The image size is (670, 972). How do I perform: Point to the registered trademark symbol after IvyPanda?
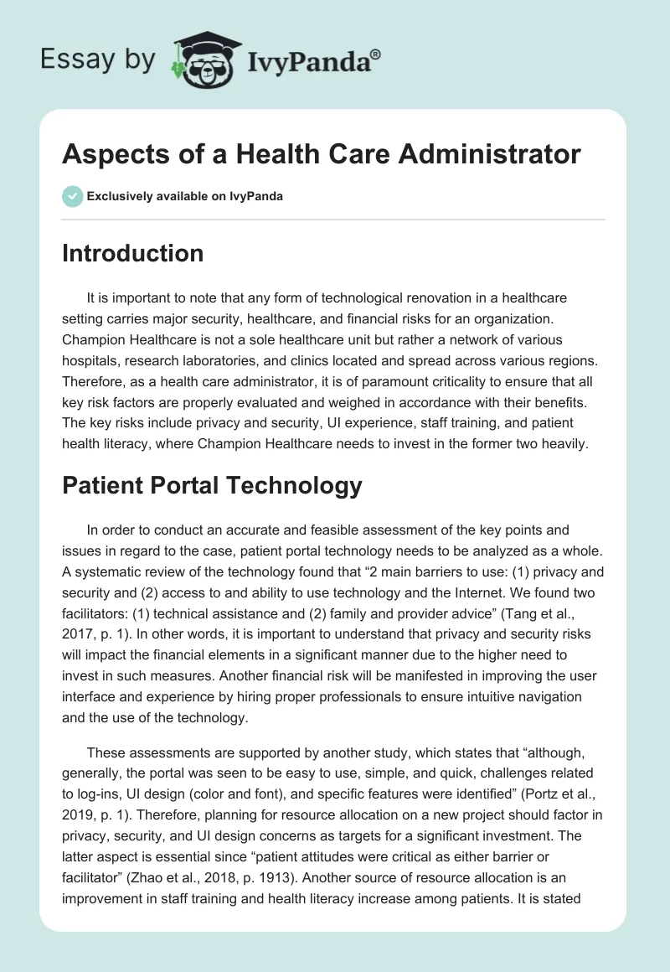376,54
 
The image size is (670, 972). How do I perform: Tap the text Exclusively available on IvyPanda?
185,196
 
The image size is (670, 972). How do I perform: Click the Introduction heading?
132,253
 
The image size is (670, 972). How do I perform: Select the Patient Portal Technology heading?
212,485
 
